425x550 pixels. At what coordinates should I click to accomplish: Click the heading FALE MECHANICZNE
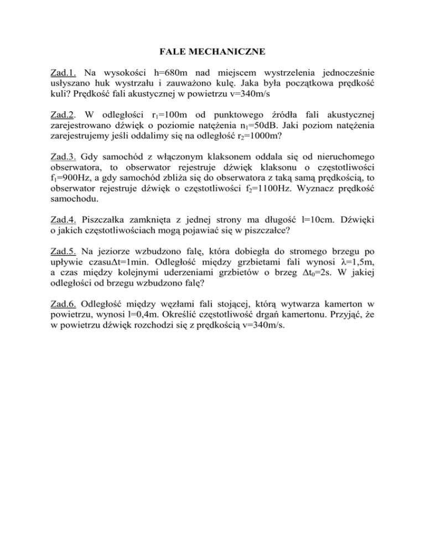click(212, 53)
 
